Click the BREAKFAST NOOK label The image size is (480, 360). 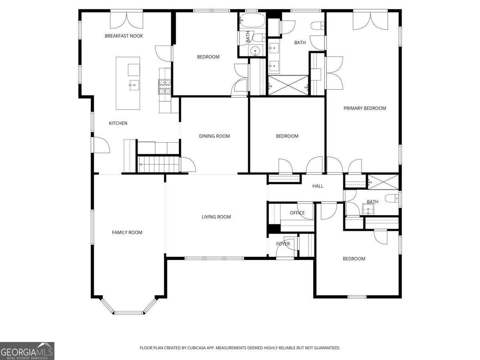coord(124,36)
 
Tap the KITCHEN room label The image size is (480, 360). coord(118,123)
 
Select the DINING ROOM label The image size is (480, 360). coord(214,136)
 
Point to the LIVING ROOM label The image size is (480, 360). coord(216,217)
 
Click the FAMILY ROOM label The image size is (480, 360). coord(127,232)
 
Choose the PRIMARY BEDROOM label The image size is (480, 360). coord(364,108)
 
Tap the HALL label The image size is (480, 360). coord(318,186)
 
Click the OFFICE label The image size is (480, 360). coord(297,213)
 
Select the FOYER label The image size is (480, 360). coord(283,244)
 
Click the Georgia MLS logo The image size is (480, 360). coord(27,351)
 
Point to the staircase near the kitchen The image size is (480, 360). coord(158,164)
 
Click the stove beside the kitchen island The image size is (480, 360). coord(165,86)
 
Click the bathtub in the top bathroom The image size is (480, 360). coord(252,20)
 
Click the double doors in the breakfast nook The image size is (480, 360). coord(126,20)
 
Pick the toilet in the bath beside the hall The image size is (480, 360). coord(391,198)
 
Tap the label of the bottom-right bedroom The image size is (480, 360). coord(354,259)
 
